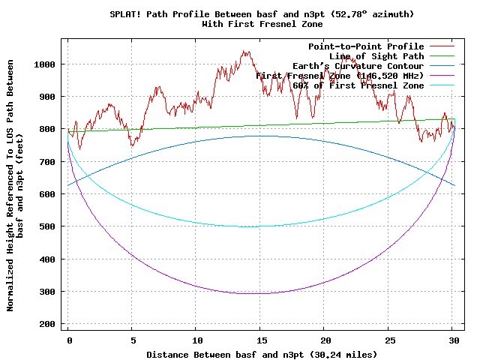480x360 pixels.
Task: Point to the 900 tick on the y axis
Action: (48, 97)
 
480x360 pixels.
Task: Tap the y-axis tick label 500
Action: (48, 226)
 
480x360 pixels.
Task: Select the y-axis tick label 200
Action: (48, 323)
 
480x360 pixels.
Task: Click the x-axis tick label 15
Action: (260, 340)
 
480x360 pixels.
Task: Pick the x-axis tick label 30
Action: (452, 340)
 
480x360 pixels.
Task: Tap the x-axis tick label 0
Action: (68, 340)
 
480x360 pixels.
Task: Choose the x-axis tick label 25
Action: (388, 340)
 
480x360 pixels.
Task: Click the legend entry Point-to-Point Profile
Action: (366, 46)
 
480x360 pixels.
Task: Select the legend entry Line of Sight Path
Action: (376, 56)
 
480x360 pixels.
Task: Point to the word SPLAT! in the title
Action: (124, 14)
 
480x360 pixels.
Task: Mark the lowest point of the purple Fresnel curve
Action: (259, 293)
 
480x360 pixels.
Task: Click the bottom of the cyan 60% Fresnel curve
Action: (259, 226)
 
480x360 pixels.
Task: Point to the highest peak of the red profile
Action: (244, 51)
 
